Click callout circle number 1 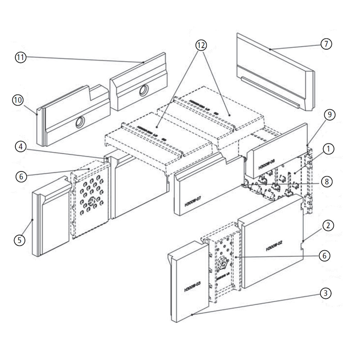click(x=328, y=148)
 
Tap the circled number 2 click(x=328, y=226)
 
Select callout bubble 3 click(x=325, y=293)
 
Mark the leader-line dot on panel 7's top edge click(x=270, y=49)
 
